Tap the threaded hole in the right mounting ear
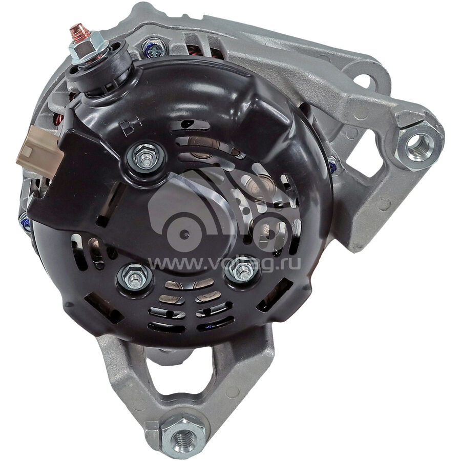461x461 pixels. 417,146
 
